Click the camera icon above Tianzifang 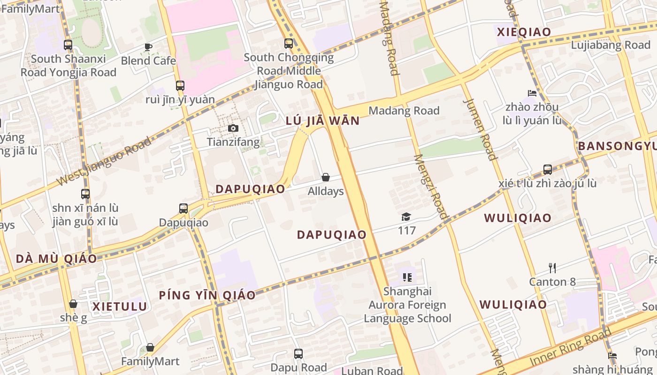[x=233, y=128]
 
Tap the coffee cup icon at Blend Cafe [x=148, y=47]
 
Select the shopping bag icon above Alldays [x=326, y=177]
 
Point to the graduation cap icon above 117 [x=406, y=217]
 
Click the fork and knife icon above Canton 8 [x=552, y=268]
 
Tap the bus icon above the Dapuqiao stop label [x=183, y=209]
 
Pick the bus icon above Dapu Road [x=298, y=354]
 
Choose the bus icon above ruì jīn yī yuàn [x=180, y=86]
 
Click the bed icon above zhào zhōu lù [x=532, y=93]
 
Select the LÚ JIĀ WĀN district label [x=322, y=121]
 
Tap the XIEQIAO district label [x=524, y=32]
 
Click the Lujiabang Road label [x=611, y=45]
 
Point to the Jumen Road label [x=480, y=128]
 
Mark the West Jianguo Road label [x=104, y=161]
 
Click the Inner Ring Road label [x=570, y=347]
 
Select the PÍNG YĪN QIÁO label [x=207, y=295]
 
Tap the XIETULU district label [x=120, y=307]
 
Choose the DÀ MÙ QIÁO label [x=56, y=259]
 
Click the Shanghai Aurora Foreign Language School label [x=407, y=305]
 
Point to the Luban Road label [x=372, y=371]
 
